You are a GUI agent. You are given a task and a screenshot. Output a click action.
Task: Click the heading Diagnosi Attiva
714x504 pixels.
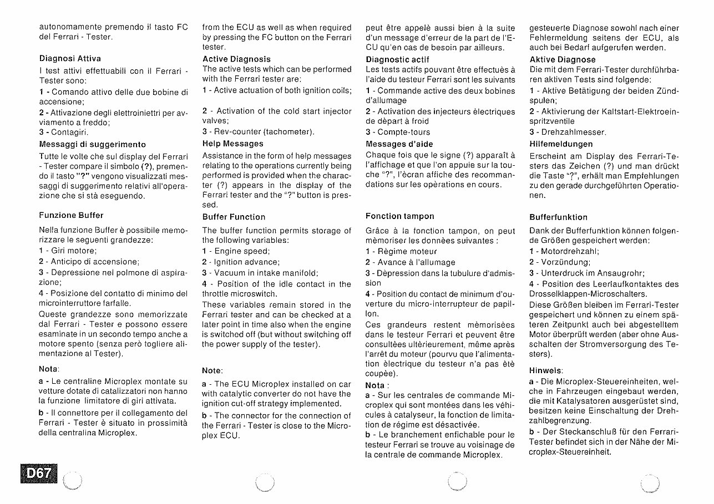[x=70, y=58]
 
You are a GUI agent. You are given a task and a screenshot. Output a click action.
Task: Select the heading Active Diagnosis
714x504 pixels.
[x=236, y=59]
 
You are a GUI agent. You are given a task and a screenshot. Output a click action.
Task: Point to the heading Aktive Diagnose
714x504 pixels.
[x=563, y=59]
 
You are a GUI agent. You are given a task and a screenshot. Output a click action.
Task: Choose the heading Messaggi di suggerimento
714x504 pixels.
[x=84, y=144]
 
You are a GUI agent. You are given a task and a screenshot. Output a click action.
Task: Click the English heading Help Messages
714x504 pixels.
[x=232, y=142]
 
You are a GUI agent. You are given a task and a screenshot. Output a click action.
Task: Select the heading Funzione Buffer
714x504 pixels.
[x=71, y=215]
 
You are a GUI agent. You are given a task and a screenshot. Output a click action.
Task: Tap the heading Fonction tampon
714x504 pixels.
[x=399, y=216]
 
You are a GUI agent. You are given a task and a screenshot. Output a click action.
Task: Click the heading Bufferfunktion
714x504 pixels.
[x=558, y=217]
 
